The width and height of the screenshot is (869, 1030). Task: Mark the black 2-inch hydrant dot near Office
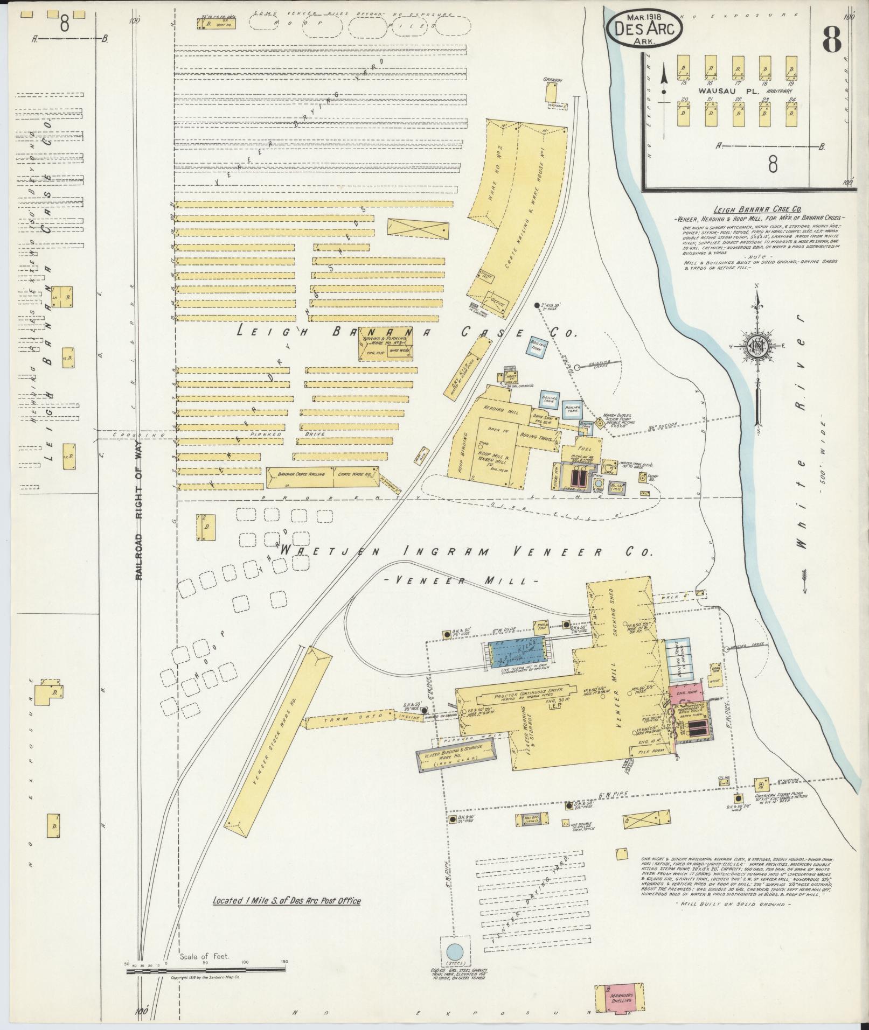pyautogui.click(x=537, y=305)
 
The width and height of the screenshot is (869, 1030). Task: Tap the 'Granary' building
pyautogui.click(x=551, y=92)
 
